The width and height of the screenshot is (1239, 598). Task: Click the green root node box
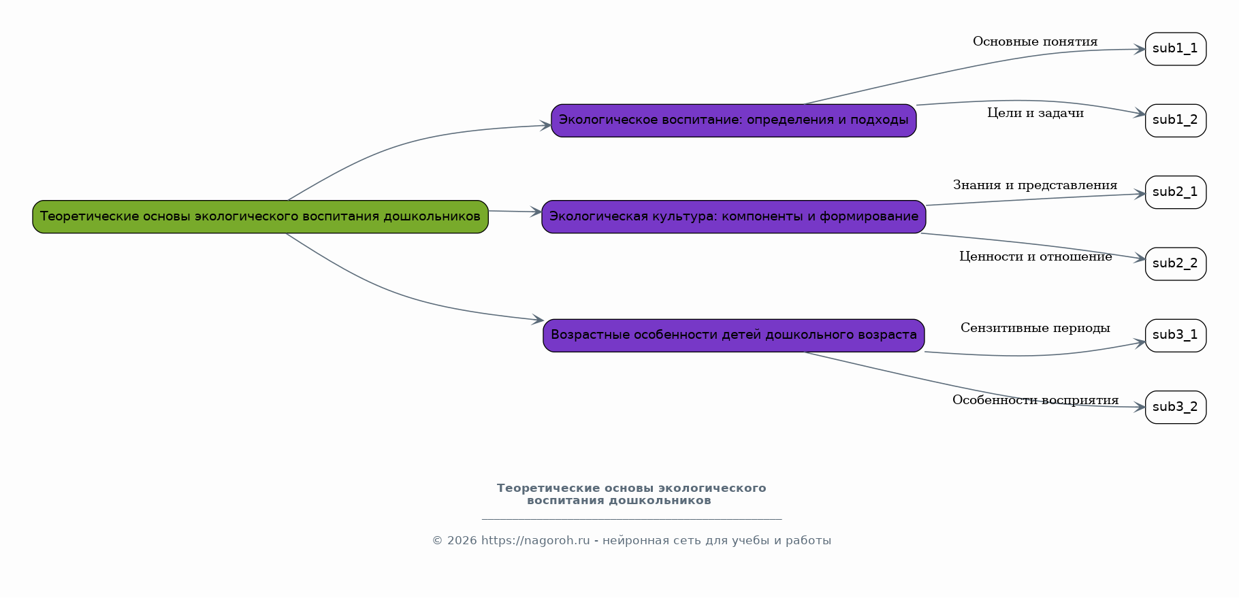pos(261,217)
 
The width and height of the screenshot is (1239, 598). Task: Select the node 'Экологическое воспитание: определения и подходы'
pos(734,120)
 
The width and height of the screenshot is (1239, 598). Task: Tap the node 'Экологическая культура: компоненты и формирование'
pos(734,217)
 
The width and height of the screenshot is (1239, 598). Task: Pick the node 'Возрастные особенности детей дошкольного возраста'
pos(734,335)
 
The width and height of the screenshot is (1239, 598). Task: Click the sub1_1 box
pos(1176,49)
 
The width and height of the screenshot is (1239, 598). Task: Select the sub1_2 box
pos(1176,120)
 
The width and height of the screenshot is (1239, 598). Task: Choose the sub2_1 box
pos(1176,193)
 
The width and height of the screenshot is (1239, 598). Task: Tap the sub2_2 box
pos(1176,264)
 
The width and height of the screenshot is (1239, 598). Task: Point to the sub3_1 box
pos(1176,335)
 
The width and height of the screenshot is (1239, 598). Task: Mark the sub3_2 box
pos(1176,408)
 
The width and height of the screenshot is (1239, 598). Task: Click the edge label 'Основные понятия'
pos(1035,42)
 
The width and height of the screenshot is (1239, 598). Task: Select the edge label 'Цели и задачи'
pos(1035,114)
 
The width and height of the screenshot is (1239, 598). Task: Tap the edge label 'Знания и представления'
pos(1035,185)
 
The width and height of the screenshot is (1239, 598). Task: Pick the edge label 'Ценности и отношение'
pos(1035,256)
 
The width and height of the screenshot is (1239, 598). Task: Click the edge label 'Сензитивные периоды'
pos(1035,329)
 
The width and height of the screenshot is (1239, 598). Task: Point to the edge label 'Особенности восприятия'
pos(1035,400)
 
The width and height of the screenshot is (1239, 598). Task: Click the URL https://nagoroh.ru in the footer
pos(536,541)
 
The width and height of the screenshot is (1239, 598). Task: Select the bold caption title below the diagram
pos(631,495)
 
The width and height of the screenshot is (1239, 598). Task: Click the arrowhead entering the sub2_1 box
pos(1140,195)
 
